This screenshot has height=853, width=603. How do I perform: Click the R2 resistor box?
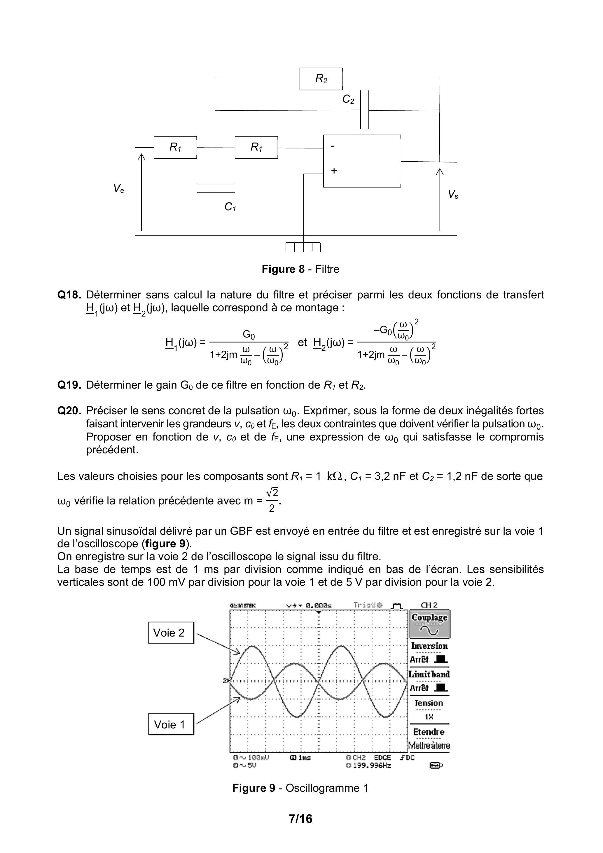321,79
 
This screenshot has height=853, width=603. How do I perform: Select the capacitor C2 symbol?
364,110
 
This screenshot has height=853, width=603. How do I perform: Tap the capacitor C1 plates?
216,188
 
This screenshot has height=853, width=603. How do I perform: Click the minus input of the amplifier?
333,146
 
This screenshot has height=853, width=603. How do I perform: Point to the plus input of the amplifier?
334,171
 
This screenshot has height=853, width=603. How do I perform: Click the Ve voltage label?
118,189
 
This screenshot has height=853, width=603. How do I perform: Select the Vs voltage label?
453,194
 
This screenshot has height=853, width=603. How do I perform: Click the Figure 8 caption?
300,269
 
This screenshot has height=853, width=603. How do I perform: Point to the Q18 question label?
69,295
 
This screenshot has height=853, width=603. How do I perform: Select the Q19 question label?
69,385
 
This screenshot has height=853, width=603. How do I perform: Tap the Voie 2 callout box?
171,633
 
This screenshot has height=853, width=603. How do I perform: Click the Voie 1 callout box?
171,724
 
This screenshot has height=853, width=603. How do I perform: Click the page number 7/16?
300,819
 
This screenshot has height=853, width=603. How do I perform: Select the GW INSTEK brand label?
243,605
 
